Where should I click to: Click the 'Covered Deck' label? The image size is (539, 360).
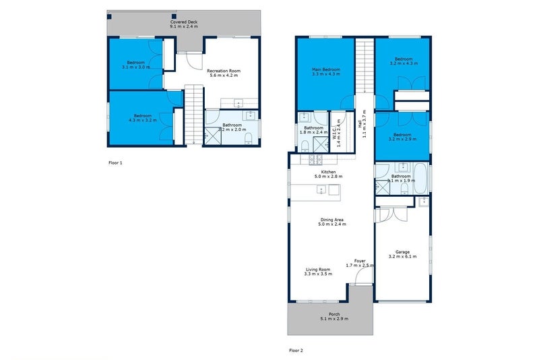184,22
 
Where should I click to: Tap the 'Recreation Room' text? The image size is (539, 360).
224,70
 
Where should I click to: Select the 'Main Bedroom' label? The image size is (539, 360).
325,69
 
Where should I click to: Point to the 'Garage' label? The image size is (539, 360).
402,252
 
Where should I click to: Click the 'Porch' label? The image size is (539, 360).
334,313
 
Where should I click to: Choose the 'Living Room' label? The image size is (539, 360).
318,269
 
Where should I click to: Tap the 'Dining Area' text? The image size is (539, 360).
331,219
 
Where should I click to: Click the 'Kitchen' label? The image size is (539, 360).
328,172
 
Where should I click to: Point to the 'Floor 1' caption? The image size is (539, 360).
116,162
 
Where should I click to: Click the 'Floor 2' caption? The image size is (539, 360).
296,351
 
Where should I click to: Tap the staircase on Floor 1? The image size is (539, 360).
194,115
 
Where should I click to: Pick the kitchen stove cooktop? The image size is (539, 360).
315,160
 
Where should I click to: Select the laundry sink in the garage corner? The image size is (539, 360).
423,202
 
